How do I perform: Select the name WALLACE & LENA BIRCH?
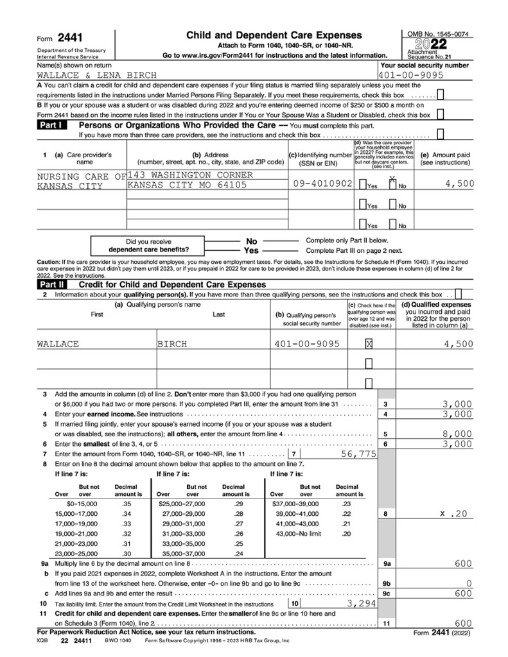point(96,76)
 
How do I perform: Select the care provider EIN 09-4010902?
point(322,183)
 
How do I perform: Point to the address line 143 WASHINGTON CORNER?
point(190,175)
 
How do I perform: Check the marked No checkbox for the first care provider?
point(393,185)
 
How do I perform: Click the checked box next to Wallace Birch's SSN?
point(369,345)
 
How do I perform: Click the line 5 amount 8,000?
point(458,434)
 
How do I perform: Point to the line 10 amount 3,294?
point(353,604)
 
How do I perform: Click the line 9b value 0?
point(469,583)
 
